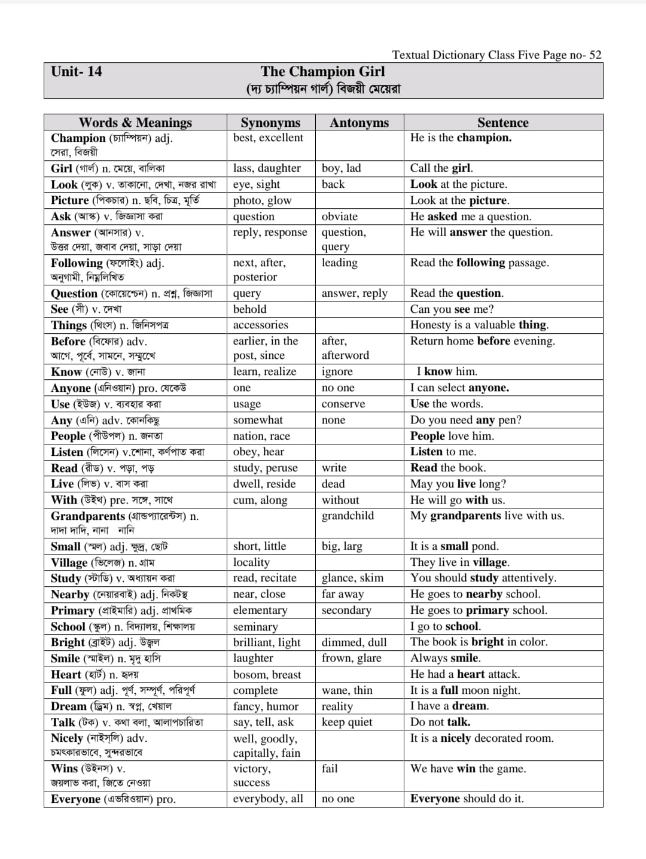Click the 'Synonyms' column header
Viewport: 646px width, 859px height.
(270, 123)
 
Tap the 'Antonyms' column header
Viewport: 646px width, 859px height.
(359, 123)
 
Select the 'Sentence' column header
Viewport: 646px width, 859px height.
(502, 123)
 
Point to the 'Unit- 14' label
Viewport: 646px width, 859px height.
(77, 72)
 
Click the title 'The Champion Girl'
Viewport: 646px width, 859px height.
(323, 72)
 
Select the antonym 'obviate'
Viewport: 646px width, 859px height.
(339, 217)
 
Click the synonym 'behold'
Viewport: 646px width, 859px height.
(249, 309)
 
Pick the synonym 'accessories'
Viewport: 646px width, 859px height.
(260, 325)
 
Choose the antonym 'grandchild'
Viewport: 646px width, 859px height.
(348, 516)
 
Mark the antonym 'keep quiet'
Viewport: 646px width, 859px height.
(346, 722)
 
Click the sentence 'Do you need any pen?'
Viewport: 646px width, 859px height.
(465, 420)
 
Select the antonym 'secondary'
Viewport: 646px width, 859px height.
(346, 610)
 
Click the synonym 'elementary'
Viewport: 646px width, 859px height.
(260, 610)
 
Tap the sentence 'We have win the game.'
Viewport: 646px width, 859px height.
(468, 769)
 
